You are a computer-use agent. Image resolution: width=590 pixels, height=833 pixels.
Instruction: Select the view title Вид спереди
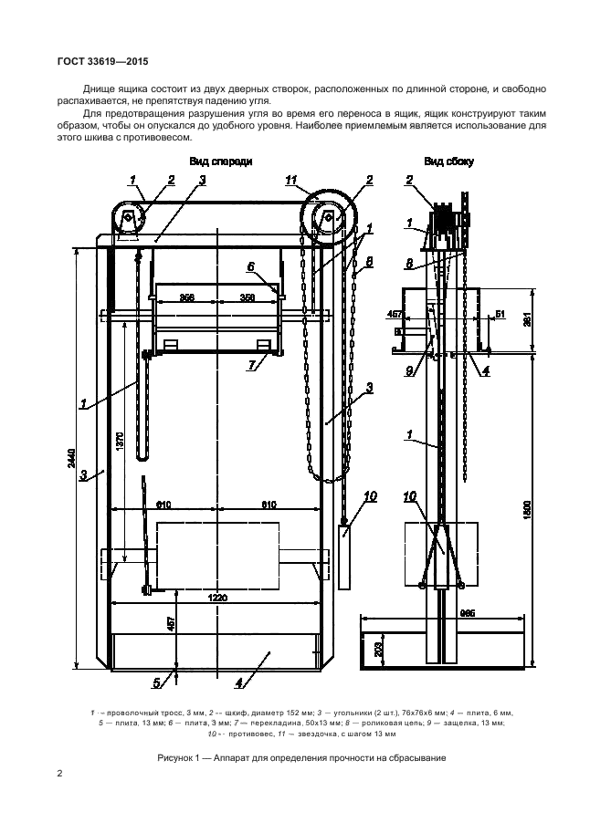[220, 161]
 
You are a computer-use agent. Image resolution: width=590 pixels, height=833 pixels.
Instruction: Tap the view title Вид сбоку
[448, 161]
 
